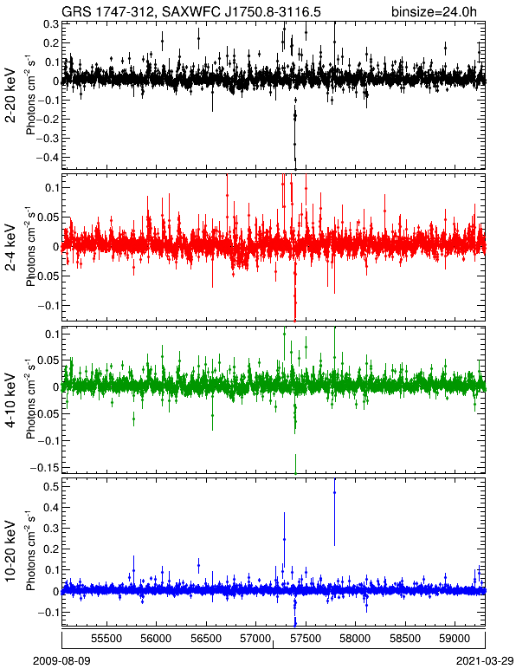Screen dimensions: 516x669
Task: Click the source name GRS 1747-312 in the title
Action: click(x=107, y=11)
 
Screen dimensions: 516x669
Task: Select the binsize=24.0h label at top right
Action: click(x=435, y=12)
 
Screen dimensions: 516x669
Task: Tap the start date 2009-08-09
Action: click(x=61, y=661)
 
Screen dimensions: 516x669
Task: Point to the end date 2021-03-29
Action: click(x=486, y=661)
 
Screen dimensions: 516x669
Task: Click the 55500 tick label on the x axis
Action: click(x=106, y=639)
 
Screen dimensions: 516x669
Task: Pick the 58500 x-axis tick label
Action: click(x=405, y=639)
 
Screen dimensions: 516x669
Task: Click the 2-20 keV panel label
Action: click(x=10, y=95)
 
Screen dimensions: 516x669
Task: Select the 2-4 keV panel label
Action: click(x=10, y=248)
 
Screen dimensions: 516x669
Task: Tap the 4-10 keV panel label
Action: click(x=10, y=399)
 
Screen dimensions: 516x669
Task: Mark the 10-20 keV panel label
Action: click(x=10, y=551)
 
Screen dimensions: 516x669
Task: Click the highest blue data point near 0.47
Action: click(x=334, y=493)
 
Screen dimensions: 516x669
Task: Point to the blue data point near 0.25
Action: click(x=284, y=540)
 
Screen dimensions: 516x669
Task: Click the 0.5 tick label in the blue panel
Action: click(x=51, y=486)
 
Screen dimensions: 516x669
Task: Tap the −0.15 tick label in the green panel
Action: click(x=44, y=468)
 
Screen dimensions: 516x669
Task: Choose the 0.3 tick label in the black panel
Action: click(x=51, y=24)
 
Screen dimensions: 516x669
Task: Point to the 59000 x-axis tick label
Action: click(x=455, y=639)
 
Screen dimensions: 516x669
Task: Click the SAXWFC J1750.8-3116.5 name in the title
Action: click(x=242, y=11)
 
